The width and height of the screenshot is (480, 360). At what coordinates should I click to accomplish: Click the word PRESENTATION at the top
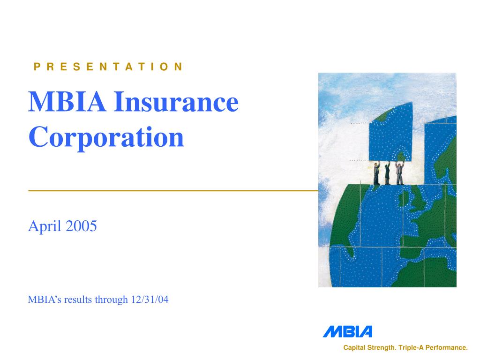pos(108,67)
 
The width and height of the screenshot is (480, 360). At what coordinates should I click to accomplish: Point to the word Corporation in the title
pos(106,137)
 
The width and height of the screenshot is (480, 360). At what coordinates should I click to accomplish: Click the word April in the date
pos(45,227)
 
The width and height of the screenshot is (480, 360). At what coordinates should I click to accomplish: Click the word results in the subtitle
pos(78,300)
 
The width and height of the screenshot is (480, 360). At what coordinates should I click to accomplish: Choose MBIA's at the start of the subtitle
pos(45,300)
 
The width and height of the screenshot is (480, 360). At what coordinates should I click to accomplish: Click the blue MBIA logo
pos(347,331)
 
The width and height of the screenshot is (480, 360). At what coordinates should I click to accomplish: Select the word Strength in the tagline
pos(381,348)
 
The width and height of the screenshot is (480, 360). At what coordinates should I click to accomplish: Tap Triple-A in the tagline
pos(411,348)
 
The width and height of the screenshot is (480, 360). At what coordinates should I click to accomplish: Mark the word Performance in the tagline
pos(447,348)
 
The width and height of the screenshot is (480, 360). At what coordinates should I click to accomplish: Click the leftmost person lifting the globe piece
pos(376,173)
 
